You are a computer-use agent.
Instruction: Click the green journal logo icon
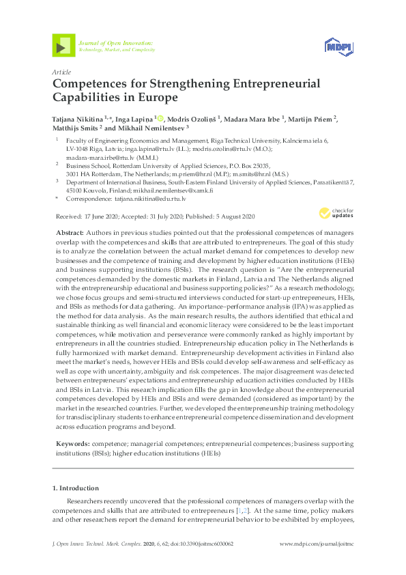click(63, 46)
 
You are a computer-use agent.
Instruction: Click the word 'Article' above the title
click(61, 72)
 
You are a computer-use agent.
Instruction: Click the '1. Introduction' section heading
click(75, 488)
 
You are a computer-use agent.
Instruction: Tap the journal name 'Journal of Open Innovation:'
click(115, 43)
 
